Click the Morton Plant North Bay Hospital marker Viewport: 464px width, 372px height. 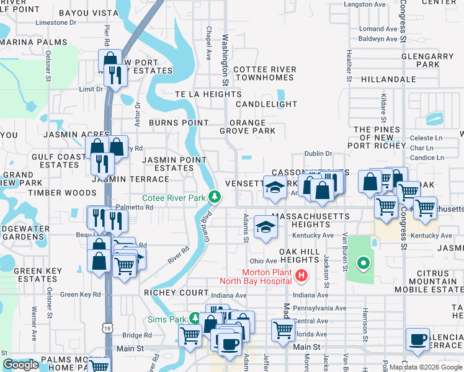(301, 275)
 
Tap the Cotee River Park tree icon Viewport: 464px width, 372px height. (215, 197)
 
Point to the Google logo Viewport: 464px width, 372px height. (20, 365)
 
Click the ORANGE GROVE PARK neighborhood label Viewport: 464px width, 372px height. (248, 126)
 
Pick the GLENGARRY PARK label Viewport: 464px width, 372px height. (427, 60)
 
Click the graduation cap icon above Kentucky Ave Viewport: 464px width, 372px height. (265, 228)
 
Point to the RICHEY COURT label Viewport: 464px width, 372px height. (176, 293)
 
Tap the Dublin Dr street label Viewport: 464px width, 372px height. (319, 154)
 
